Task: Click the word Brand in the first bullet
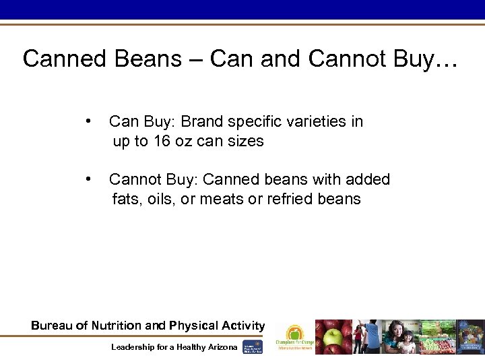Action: tap(203, 122)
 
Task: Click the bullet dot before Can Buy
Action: tap(89, 121)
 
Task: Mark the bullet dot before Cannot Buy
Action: tap(89, 179)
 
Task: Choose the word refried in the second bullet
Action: tap(288, 200)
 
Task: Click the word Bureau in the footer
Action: tap(52, 326)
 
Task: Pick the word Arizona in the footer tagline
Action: tap(221, 346)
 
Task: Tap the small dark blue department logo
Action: tap(253, 345)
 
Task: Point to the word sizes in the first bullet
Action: tap(245, 142)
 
